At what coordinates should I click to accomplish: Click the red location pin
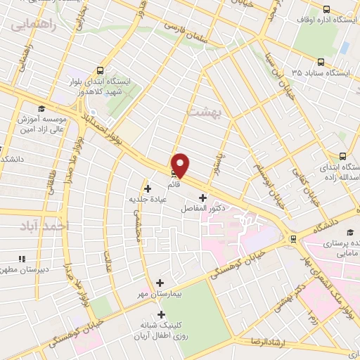click(x=181, y=165)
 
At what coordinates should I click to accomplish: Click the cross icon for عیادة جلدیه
click(x=148, y=188)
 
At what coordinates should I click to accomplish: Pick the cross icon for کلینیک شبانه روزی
click(x=162, y=314)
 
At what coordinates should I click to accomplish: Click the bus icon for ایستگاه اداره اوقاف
click(x=326, y=9)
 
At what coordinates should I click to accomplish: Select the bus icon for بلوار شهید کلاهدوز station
click(x=101, y=70)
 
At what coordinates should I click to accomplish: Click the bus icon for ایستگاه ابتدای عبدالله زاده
click(x=342, y=156)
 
